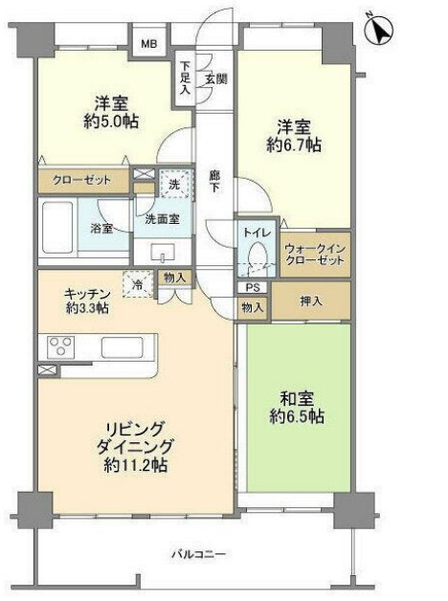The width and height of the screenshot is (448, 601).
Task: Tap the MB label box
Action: pos(150,44)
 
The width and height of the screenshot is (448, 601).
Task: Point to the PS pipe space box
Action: pos(252,287)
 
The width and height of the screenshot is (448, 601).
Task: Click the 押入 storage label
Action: pos(310,300)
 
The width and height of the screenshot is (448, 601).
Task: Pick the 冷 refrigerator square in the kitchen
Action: pos(139,284)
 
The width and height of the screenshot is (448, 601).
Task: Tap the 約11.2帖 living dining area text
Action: pos(140,466)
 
